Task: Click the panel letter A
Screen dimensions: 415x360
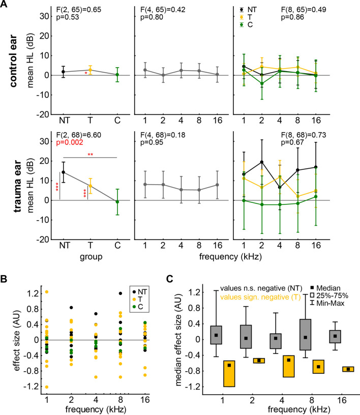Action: tap(5, 5)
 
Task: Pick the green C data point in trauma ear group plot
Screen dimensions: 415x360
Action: tap(116, 201)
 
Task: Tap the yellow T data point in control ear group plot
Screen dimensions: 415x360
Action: tap(90, 70)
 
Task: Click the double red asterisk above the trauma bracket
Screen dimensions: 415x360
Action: tap(89, 153)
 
